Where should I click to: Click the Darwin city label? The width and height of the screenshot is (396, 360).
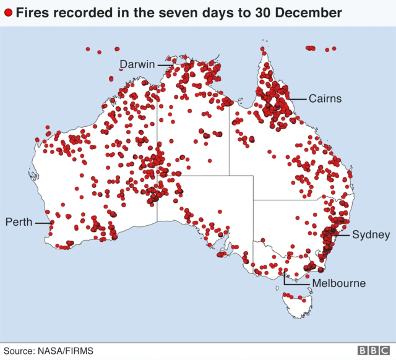click(x=137, y=64)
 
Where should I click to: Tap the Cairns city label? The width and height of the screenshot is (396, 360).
click(x=325, y=98)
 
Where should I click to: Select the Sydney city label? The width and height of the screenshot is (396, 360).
click(x=371, y=234)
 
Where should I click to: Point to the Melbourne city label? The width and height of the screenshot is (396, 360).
click(x=338, y=283)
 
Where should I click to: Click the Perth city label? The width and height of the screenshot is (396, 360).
click(x=19, y=221)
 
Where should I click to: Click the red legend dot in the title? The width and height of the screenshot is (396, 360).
click(x=8, y=12)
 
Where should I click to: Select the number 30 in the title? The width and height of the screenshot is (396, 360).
click(x=260, y=12)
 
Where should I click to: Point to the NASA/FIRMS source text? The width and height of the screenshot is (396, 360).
click(x=65, y=351)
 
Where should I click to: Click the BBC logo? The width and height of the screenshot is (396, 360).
click(x=373, y=351)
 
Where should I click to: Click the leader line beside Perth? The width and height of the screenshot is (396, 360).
click(x=42, y=222)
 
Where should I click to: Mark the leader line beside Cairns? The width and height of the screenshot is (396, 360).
click(x=298, y=98)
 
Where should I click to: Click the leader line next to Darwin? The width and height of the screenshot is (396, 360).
click(x=165, y=64)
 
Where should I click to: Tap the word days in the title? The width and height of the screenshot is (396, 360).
click(x=213, y=12)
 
